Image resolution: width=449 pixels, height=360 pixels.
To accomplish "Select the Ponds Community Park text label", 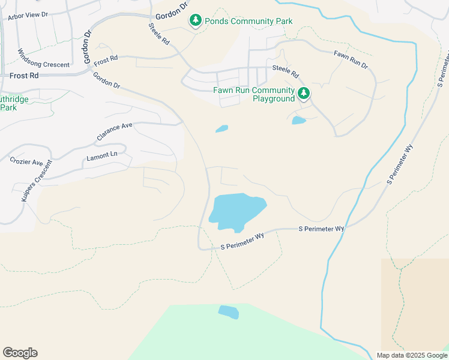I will (x=249, y=22).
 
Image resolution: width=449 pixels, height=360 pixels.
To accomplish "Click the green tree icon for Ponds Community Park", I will (x=196, y=21).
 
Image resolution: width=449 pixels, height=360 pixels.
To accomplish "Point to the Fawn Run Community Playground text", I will (x=254, y=94).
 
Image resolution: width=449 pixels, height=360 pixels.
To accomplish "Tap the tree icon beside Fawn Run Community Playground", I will (x=304, y=93).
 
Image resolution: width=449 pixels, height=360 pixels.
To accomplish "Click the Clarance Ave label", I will (x=114, y=133).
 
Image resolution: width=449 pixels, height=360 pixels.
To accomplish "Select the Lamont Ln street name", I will (x=101, y=155).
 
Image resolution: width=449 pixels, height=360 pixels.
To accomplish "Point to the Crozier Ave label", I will (x=27, y=162).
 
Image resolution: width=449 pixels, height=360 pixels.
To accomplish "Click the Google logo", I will (x=20, y=353).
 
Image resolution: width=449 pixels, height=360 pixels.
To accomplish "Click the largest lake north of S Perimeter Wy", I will (x=236, y=211).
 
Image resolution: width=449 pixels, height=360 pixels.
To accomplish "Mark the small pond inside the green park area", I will (x=228, y=312).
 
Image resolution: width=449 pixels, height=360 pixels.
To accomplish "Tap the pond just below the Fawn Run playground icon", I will (x=298, y=120).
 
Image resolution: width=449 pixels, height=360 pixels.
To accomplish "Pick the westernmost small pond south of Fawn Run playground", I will (x=221, y=128).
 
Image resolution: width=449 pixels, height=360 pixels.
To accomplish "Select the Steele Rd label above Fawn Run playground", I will (x=285, y=72).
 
